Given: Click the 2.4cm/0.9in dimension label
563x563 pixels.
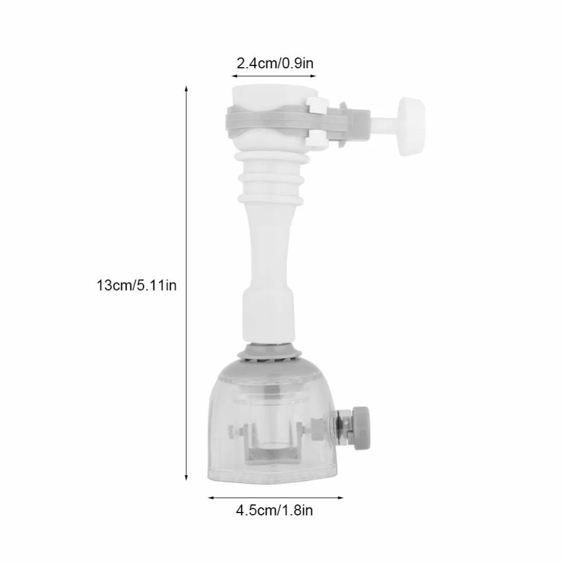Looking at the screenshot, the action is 275,64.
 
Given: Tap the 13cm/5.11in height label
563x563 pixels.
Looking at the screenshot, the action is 137,286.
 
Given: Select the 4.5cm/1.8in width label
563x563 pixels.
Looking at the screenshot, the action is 275,510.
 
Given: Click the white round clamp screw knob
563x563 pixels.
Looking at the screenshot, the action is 411,126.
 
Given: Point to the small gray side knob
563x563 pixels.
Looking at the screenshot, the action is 361,428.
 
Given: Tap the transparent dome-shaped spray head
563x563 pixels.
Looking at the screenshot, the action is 272,424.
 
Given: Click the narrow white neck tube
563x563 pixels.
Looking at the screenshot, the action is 269,248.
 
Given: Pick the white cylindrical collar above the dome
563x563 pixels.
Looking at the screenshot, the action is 269,316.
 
